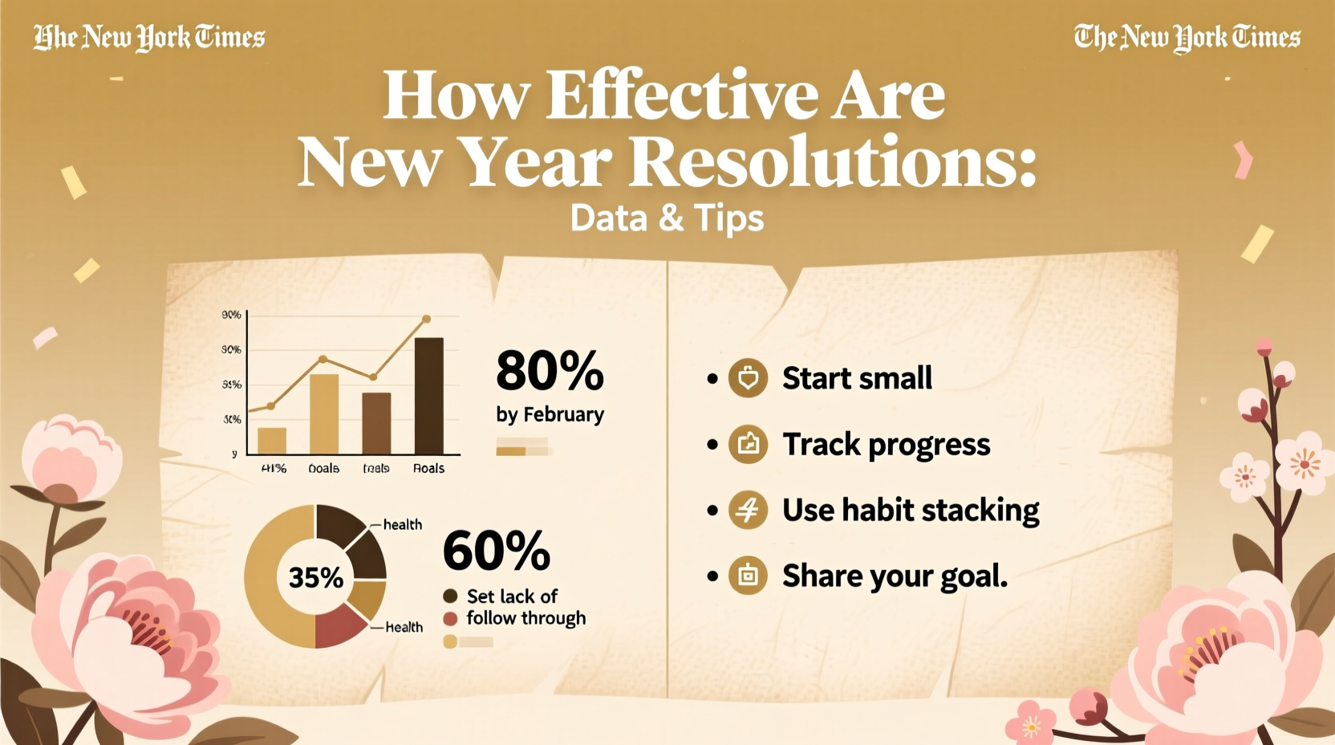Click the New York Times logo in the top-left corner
[x=149, y=37]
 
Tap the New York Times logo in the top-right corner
[x=1187, y=37]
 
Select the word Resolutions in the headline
[x=832, y=163]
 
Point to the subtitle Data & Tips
[x=667, y=218]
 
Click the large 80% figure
[x=550, y=371]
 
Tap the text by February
[x=550, y=414]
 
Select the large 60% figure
[x=497, y=551]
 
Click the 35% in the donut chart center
[x=316, y=577]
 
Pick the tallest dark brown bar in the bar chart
[x=428, y=396]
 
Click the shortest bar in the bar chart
[x=272, y=441]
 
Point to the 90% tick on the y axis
[x=231, y=315]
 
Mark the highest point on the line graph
[x=426, y=319]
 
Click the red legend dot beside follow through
[x=450, y=619]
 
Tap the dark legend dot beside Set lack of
[x=450, y=596]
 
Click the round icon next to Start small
[x=748, y=378]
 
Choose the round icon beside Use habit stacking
[x=748, y=510]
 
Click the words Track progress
[x=886, y=445]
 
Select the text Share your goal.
[x=895, y=576]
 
